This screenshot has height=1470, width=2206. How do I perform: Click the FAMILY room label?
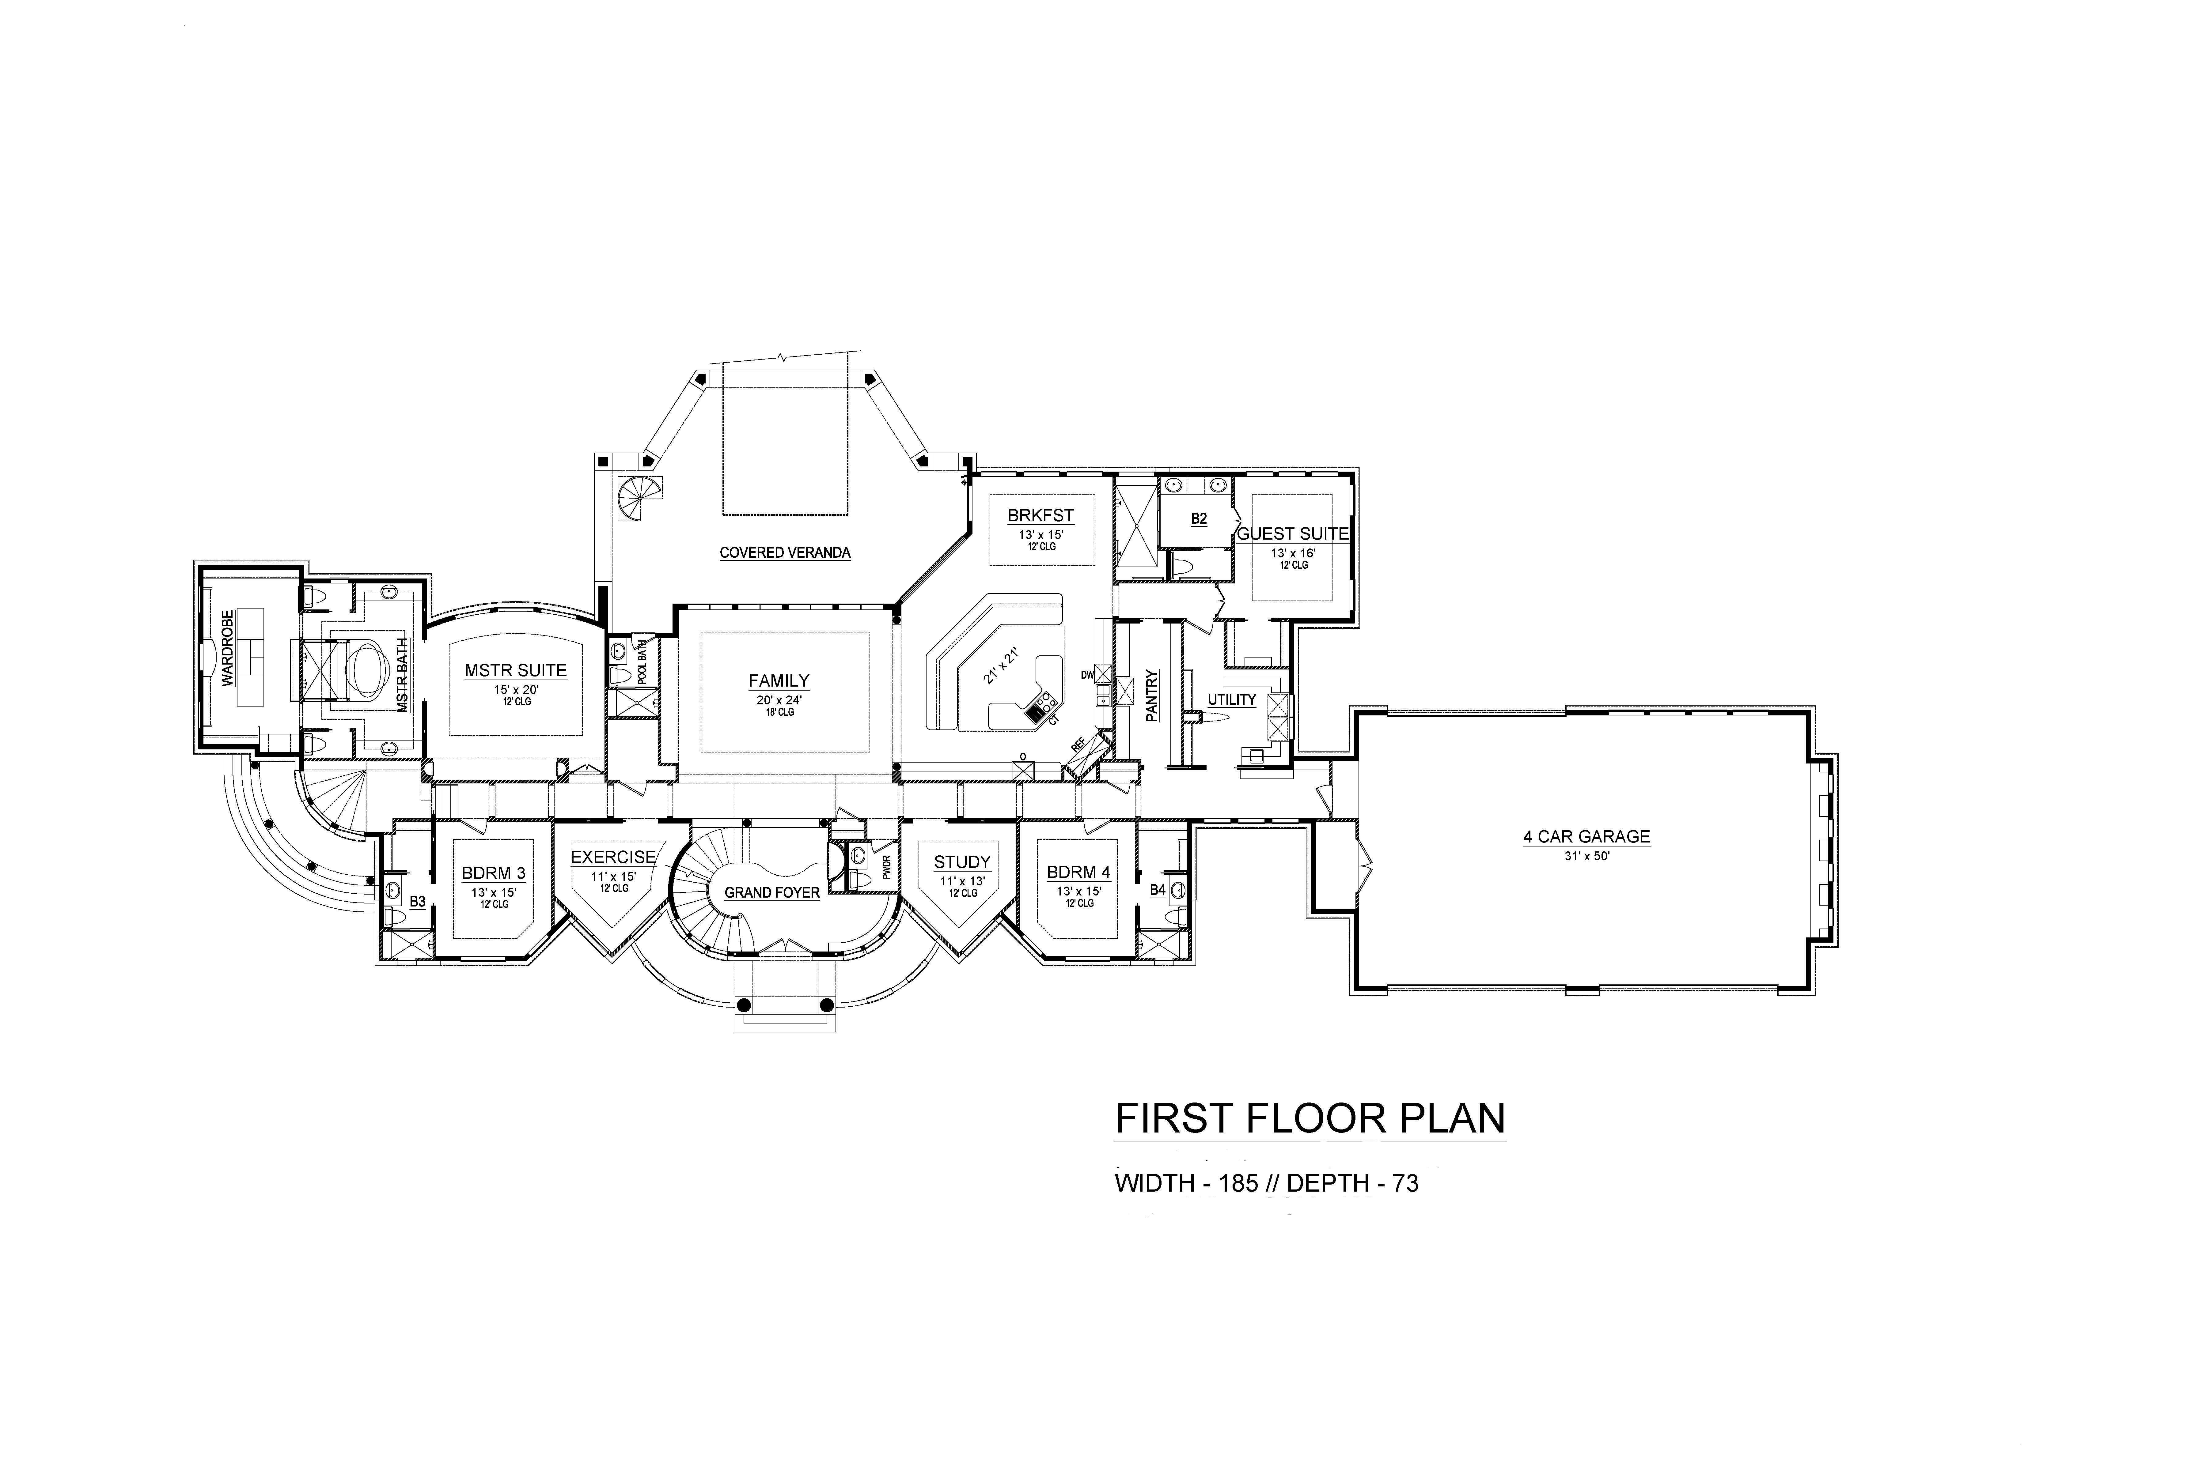(x=779, y=682)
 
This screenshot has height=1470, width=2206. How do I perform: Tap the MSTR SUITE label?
(x=516, y=670)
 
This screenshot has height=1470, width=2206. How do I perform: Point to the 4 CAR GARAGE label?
(x=1586, y=837)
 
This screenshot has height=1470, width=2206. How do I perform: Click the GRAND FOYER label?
(x=772, y=892)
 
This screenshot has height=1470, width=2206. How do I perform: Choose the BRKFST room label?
(x=1040, y=516)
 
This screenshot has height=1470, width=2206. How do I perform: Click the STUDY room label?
(x=962, y=862)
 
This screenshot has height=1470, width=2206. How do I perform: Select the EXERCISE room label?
(x=613, y=857)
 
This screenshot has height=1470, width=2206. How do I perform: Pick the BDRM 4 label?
(x=1078, y=872)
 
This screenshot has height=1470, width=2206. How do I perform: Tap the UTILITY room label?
(x=1231, y=699)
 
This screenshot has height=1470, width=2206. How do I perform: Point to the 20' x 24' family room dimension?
(x=779, y=699)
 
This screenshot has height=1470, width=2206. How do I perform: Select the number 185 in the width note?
(x=1239, y=1183)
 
